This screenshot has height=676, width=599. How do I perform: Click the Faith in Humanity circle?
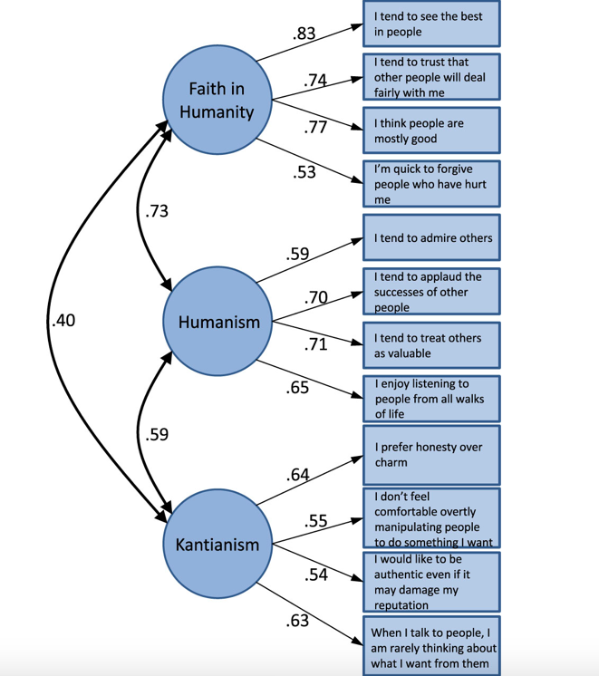coord(217,100)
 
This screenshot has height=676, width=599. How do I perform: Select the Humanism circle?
coord(217,322)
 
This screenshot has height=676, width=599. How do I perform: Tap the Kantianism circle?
coord(217,544)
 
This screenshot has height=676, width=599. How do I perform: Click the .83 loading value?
coord(304,34)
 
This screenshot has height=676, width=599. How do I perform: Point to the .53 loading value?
coord(304,171)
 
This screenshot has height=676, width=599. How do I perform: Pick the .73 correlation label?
coord(157,211)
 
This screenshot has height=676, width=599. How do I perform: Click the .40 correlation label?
coord(63,321)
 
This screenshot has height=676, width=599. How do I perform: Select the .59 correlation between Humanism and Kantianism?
coord(157,434)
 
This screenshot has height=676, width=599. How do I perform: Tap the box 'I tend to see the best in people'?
coord(430,24)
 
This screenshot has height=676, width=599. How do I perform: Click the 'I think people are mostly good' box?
coord(430,131)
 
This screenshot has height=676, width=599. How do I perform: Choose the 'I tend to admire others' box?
coord(430,238)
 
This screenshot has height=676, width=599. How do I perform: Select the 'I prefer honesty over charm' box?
coord(430,455)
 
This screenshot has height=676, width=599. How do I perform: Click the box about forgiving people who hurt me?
coord(430,184)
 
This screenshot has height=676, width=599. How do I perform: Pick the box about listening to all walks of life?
coord(430,399)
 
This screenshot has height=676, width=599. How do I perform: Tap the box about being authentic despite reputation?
coord(430,581)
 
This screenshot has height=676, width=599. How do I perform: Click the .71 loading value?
coord(315,343)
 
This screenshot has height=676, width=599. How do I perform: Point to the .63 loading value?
coord(297,621)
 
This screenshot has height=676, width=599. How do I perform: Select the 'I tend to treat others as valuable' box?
coord(430,345)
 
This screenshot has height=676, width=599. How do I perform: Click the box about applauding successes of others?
coord(430,292)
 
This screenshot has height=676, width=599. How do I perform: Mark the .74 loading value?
coord(315,81)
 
